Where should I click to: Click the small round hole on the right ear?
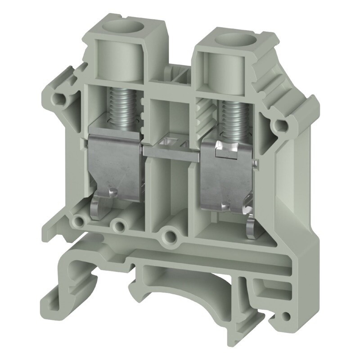[x=282, y=125]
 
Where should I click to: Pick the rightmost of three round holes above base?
[x=170, y=234]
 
